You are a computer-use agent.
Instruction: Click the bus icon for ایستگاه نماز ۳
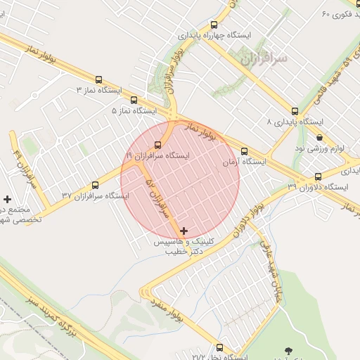click(x=98, y=79)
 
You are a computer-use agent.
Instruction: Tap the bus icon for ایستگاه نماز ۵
click(x=133, y=101)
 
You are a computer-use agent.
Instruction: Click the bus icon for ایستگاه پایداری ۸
click(x=295, y=111)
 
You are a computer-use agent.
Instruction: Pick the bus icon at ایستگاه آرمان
click(x=244, y=151)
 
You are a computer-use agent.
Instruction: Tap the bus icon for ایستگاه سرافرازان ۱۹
click(x=157, y=144)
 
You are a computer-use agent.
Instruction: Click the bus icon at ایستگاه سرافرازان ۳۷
click(x=95, y=185)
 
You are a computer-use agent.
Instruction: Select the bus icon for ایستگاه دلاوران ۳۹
click(x=318, y=176)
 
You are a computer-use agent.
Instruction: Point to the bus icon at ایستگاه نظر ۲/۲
click(x=220, y=347)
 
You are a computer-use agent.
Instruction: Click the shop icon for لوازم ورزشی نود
click(x=320, y=138)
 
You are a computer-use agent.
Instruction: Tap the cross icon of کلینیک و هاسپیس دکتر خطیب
click(x=184, y=231)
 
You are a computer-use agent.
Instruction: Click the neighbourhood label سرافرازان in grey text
click(x=264, y=60)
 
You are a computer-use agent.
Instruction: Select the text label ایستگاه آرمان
click(x=244, y=162)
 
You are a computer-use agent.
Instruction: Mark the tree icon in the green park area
click(x=288, y=350)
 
